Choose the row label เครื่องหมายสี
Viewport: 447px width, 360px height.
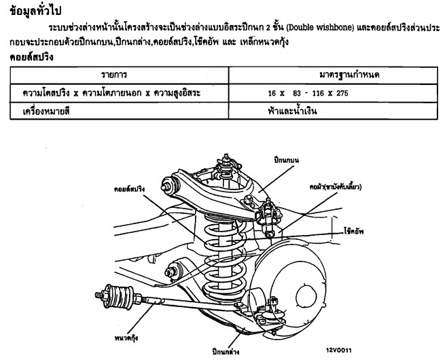click(x=40, y=111)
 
